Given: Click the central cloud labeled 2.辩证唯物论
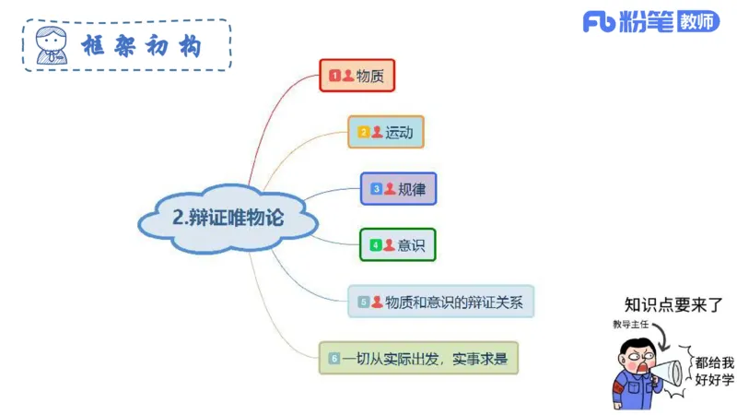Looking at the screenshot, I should coord(228,219).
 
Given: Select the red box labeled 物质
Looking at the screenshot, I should coord(357,76).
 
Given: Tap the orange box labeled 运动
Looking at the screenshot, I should coord(385,132).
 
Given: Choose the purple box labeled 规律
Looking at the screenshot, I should coord(398,188).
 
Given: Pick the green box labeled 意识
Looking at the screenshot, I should coord(397,244).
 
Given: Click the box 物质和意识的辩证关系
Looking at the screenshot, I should coord(440,301).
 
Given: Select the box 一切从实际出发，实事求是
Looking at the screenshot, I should coord(418,357).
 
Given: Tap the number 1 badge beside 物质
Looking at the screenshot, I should coord(335,76).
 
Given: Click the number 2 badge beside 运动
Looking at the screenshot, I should coord(364,132).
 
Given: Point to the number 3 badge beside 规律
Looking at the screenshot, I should coord(377,188).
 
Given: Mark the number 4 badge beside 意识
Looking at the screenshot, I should coord(376,244).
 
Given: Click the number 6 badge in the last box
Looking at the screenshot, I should coord(334,357).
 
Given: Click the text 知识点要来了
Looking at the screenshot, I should coord(673,305).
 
